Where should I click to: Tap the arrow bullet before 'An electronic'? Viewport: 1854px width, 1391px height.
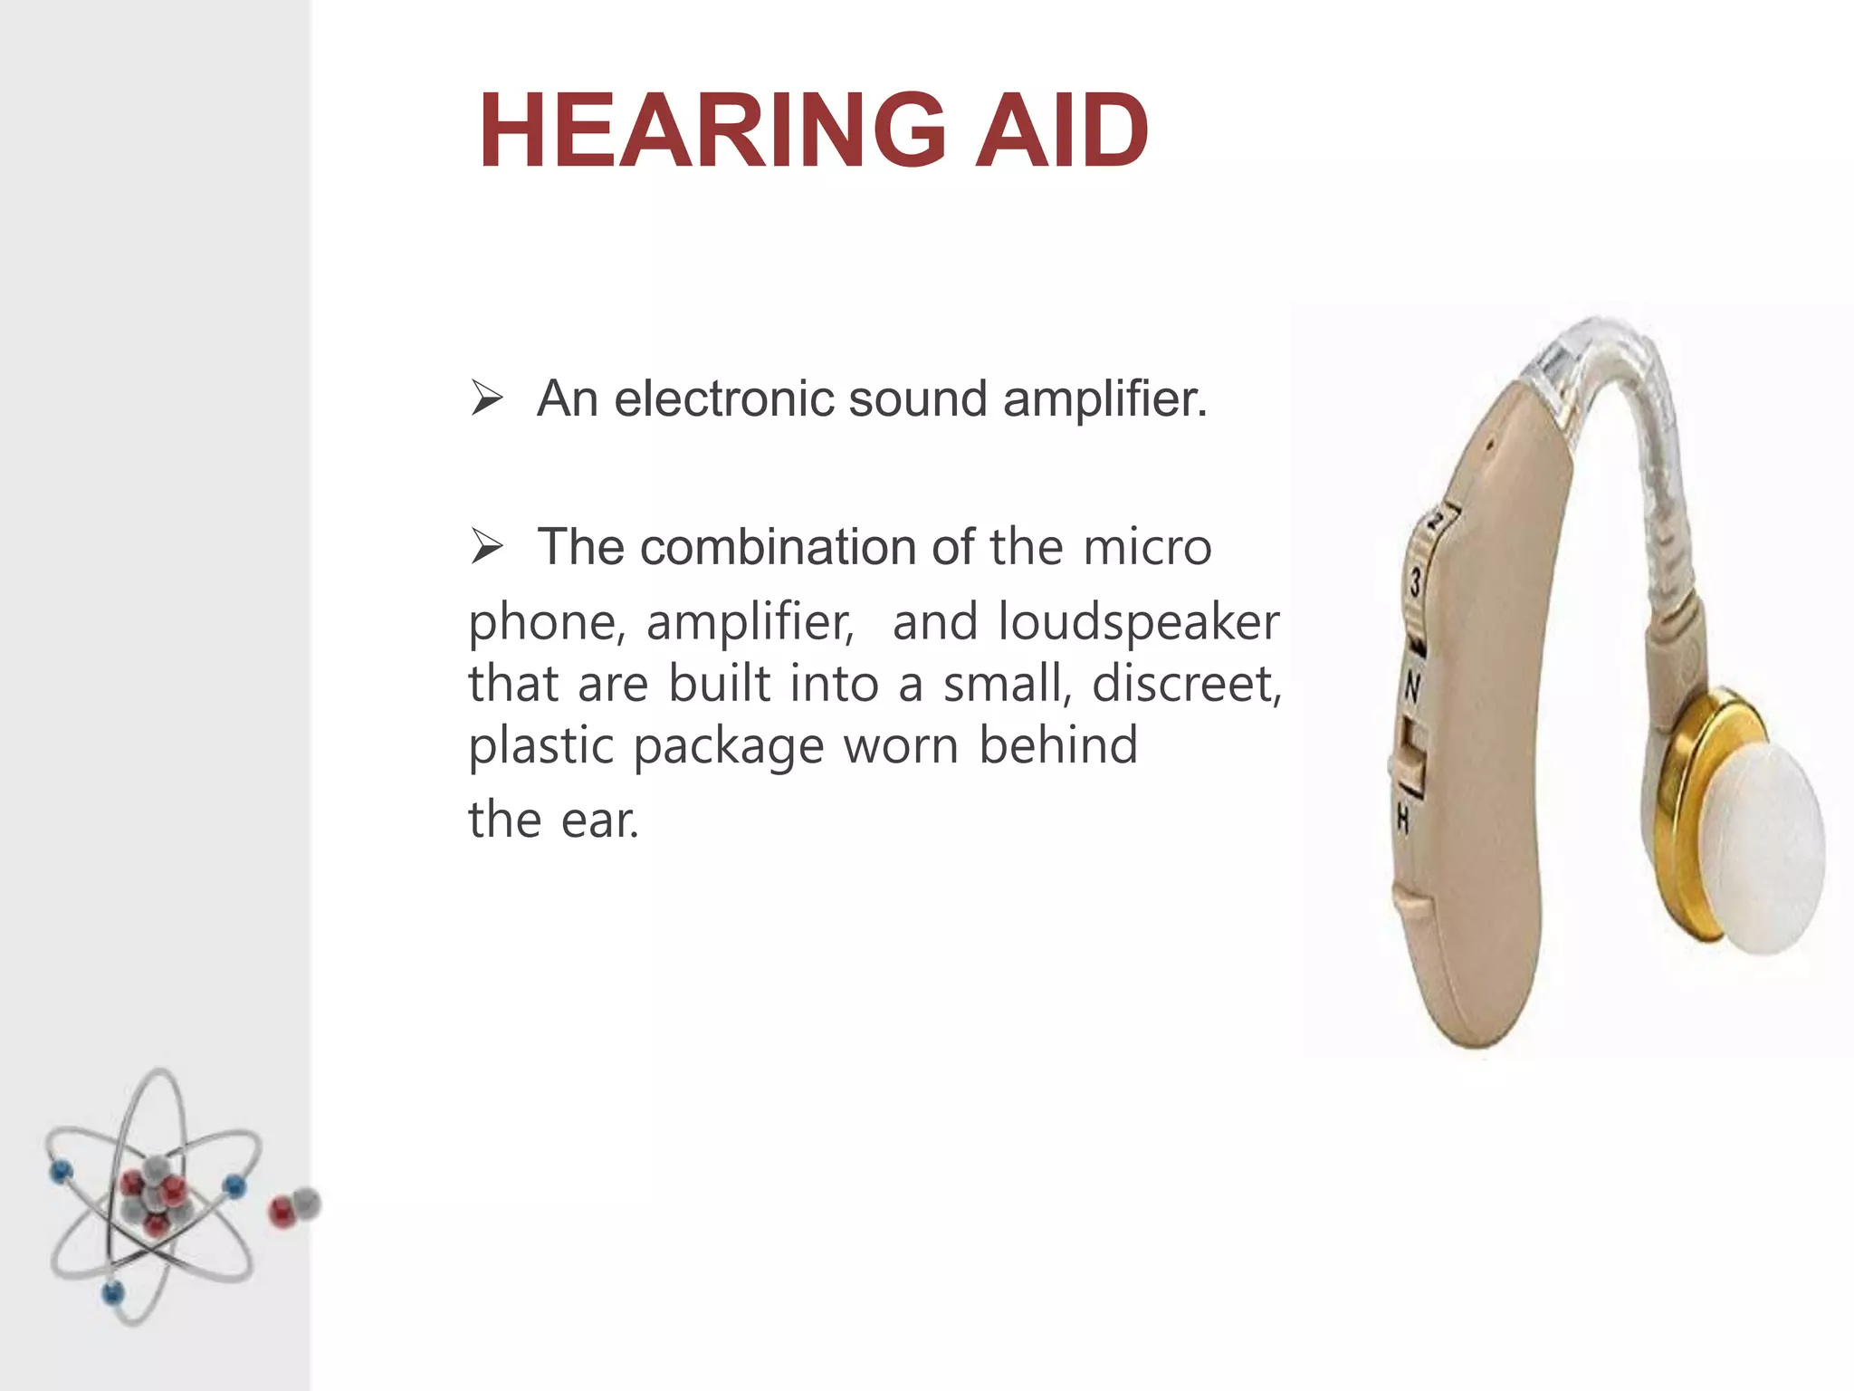coord(486,398)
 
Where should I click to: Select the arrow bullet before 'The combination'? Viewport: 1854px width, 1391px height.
coord(486,547)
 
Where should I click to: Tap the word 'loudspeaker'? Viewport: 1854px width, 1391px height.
coord(1138,622)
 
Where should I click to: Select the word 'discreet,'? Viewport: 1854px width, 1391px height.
coord(1187,684)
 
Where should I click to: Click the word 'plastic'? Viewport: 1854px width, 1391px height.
coord(541,746)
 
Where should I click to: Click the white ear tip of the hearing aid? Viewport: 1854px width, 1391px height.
coord(1765,851)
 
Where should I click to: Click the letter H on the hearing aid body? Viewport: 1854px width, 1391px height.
coord(1402,820)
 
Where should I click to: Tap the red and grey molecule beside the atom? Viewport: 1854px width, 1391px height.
coord(294,1207)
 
